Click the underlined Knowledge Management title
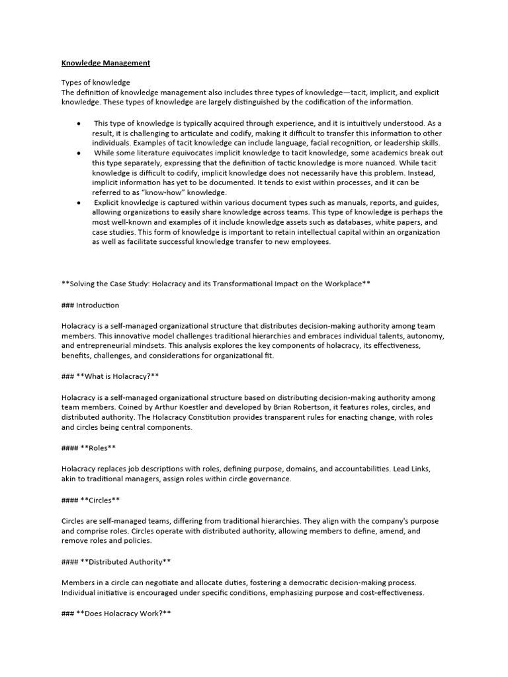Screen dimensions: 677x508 tap(106, 63)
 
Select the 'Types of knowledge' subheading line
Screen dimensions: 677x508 tap(93, 82)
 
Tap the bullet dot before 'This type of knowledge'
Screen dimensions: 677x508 tap(79, 124)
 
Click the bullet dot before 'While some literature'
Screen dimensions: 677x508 tap(79, 152)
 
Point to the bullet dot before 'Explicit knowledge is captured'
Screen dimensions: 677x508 tap(79, 202)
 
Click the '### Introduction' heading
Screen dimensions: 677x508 tap(90, 305)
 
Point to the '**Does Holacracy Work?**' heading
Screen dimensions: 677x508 tap(116, 613)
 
